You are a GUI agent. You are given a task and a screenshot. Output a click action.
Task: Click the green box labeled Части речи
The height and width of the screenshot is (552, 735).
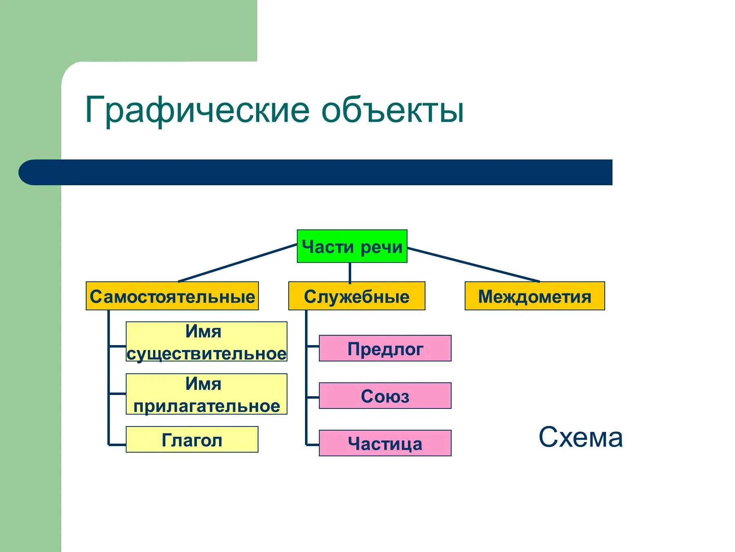(x=352, y=246)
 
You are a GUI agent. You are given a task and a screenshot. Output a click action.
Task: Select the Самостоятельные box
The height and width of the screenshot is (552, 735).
(x=172, y=296)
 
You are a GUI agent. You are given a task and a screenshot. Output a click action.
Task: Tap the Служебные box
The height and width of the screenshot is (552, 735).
(x=356, y=296)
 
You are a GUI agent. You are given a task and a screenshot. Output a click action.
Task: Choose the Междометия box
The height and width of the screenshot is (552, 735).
(x=535, y=296)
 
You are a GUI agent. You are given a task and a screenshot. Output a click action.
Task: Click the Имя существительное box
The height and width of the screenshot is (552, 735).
(x=206, y=342)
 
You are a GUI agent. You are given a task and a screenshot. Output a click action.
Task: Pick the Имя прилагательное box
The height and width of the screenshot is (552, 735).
(x=206, y=394)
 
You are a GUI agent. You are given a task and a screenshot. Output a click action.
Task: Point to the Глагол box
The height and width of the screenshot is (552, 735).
(x=192, y=440)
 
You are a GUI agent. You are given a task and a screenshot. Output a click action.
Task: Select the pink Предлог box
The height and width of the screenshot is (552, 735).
(x=385, y=348)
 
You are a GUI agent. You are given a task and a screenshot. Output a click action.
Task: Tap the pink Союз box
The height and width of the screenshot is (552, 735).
(x=385, y=396)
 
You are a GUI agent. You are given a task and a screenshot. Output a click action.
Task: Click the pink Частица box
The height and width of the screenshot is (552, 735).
(x=385, y=443)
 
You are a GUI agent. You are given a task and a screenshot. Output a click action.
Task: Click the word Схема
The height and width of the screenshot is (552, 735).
(x=581, y=437)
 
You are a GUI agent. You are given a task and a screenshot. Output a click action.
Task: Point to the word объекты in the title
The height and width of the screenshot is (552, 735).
(x=392, y=110)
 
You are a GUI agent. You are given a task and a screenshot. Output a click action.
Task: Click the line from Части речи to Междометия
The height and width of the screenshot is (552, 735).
(x=474, y=265)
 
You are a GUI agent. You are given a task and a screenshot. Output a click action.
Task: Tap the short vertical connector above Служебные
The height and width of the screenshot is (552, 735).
(x=350, y=272)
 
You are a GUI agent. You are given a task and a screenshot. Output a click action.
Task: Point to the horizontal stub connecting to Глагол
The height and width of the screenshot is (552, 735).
(x=118, y=444)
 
